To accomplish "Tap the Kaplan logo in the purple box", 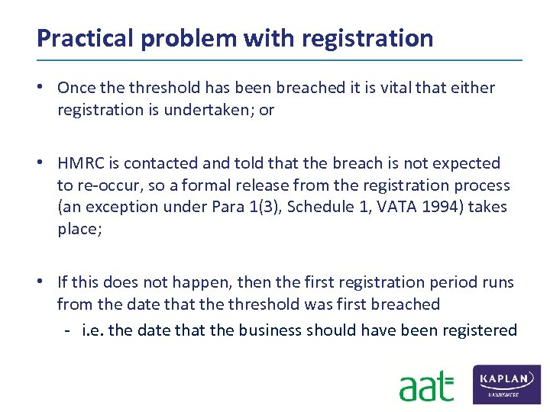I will coord(507,385).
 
